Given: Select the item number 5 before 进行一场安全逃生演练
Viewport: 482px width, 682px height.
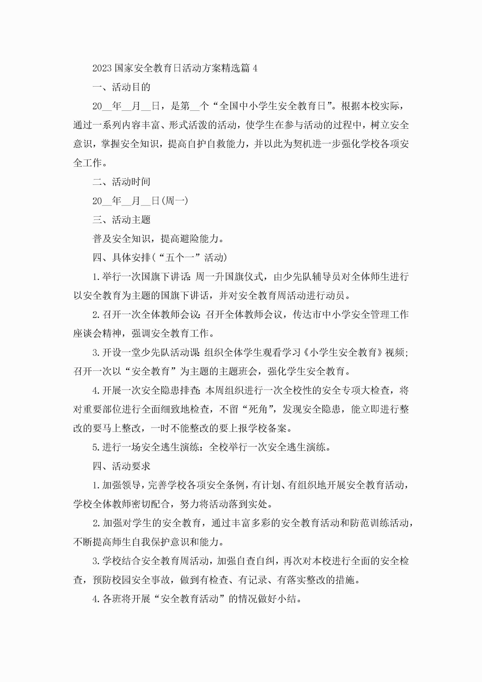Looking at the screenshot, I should (95, 447).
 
